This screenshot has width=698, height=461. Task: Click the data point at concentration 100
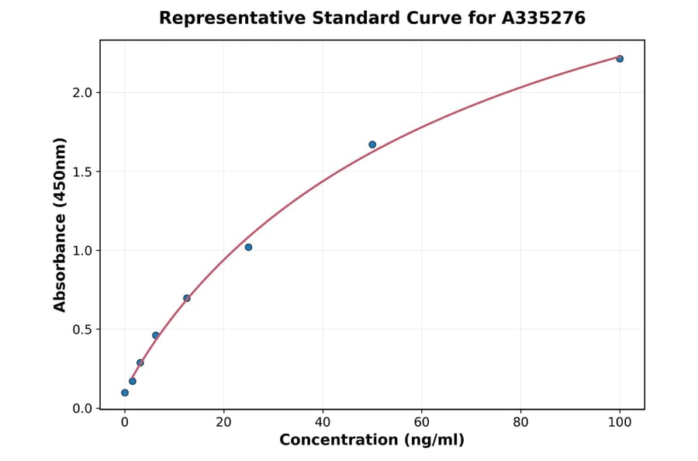pos(620,59)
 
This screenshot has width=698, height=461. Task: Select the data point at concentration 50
pos(372,144)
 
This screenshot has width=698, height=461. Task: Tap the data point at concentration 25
pos(248,247)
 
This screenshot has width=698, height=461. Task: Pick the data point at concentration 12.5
pos(187,298)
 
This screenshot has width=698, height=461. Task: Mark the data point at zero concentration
pos(125,393)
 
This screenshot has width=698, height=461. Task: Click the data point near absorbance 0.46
pos(156,335)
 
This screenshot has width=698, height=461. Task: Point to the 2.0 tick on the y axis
pos(81,92)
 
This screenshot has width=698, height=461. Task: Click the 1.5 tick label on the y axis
pos(81,172)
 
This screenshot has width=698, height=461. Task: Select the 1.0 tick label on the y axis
pos(81,251)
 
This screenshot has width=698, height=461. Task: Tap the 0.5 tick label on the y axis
pos(81,329)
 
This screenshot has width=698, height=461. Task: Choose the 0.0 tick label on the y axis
pos(81,408)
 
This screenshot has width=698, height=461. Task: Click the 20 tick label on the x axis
pos(224,423)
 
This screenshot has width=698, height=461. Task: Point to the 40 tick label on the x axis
pos(323,423)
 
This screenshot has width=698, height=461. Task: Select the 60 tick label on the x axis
pos(422,423)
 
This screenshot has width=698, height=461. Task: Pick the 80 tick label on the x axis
pos(520,423)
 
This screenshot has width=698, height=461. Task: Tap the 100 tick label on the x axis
pos(620,423)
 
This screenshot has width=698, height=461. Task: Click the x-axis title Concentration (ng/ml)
pos(372,440)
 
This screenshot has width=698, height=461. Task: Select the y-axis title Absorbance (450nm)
pos(60,224)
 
